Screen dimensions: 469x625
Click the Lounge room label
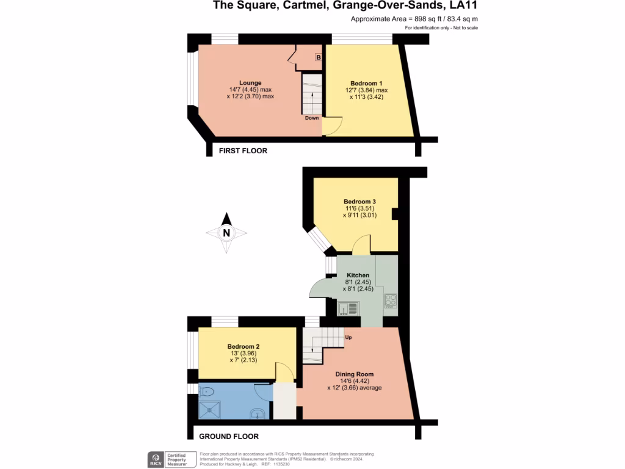(250, 83)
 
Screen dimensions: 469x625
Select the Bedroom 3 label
(359, 202)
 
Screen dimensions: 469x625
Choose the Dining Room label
(354, 374)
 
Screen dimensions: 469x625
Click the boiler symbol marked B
(318, 57)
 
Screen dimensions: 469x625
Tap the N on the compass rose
(226, 233)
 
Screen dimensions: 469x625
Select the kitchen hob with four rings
(391, 302)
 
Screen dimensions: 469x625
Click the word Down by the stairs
(312, 118)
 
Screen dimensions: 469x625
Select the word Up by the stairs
(348, 337)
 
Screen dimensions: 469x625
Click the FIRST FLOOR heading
(243, 150)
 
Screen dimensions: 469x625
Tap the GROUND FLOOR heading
(229, 436)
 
